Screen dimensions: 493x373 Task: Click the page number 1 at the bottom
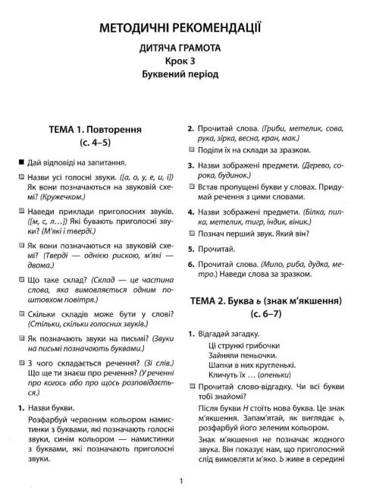point(186,481)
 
